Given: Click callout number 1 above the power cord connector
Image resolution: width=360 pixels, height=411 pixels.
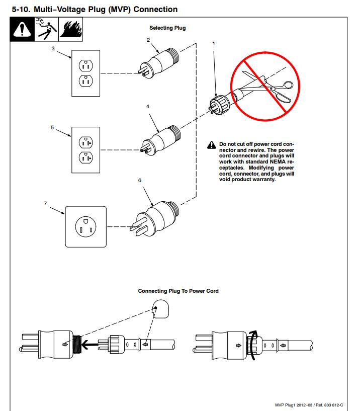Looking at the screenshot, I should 214,43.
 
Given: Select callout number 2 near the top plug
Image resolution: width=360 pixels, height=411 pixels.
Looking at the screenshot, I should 148,39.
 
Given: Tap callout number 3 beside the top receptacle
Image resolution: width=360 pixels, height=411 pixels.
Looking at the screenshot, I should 53,49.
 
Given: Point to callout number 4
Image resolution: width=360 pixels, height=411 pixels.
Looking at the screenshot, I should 148,107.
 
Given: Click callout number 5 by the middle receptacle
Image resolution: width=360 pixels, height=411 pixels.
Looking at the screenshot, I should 52,128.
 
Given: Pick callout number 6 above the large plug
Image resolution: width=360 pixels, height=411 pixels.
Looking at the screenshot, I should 139,180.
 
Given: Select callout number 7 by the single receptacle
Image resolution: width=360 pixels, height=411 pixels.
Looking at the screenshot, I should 45,203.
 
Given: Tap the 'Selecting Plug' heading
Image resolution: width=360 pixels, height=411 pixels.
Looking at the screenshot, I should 167,28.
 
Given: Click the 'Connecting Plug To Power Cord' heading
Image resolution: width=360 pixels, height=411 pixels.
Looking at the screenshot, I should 178,291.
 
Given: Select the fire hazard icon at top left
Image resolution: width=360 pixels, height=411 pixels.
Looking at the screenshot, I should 71,29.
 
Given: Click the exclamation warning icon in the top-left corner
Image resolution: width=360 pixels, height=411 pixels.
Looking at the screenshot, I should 22,29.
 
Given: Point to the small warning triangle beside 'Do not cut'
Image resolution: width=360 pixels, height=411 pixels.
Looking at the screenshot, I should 212,145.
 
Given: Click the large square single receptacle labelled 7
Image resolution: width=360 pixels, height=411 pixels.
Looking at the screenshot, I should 86,226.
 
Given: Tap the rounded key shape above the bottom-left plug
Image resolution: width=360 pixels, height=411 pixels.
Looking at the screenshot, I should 161,308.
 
